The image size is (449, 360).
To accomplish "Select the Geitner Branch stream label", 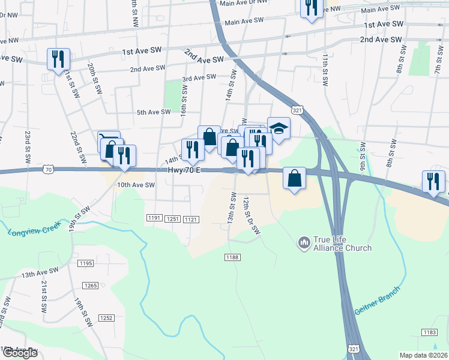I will coord(376,302).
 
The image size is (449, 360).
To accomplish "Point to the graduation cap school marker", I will coord(279,128).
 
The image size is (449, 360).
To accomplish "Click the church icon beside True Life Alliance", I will coord(304,242).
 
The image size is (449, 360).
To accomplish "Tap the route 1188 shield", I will coord(233,257).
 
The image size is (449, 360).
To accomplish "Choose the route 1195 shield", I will coord(86,263).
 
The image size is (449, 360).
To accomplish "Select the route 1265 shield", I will coord(91,286).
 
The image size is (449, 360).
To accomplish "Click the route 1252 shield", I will coord(106,317).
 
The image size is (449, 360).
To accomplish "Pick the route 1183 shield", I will coord(429,332).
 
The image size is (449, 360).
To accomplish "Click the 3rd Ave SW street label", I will coord(199,77).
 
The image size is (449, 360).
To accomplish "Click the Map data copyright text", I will coord(423,355).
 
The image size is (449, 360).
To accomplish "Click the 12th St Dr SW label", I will coord(252,214).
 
